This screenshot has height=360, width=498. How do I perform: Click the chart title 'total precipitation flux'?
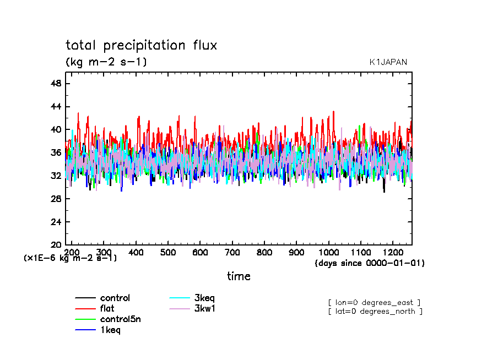(141, 46)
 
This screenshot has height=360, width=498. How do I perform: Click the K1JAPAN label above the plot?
(388, 62)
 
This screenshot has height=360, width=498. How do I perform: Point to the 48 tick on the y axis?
(56, 83)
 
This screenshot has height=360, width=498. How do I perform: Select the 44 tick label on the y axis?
(56, 106)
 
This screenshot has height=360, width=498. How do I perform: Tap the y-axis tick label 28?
(56, 199)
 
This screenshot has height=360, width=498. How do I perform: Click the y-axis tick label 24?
(56, 222)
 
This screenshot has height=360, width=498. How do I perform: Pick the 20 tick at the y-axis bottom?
(56, 244)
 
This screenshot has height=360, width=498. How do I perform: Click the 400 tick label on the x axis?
(136, 252)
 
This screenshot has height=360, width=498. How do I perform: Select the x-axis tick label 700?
(232, 252)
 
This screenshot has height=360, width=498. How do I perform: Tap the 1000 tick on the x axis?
(328, 252)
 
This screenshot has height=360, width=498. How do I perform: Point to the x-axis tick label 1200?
(392, 252)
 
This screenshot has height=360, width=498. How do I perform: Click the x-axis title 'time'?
(239, 276)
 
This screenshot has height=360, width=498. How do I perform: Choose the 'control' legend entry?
(115, 298)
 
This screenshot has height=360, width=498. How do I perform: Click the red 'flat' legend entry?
(107, 309)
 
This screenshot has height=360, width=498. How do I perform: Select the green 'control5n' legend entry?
(120, 319)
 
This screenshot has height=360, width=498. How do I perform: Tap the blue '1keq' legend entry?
(110, 330)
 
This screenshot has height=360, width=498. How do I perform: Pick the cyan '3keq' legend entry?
(204, 298)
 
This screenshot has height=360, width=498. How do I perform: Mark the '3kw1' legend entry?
(204, 309)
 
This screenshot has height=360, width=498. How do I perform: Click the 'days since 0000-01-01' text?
(370, 263)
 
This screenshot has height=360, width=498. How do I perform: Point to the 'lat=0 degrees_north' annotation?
(375, 312)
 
